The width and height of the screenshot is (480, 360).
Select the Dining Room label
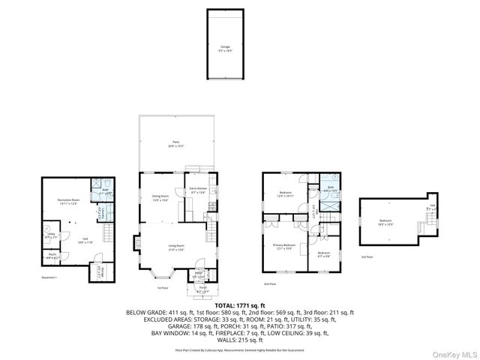(160, 198)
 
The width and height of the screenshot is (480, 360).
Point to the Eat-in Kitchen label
(198, 190)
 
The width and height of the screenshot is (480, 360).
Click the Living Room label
(176, 247)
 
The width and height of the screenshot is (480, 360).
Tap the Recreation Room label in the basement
(68, 201)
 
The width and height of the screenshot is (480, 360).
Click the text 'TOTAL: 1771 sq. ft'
(239, 305)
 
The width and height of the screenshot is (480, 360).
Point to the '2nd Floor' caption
(270, 284)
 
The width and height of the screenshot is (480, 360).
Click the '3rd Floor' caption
(366, 256)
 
